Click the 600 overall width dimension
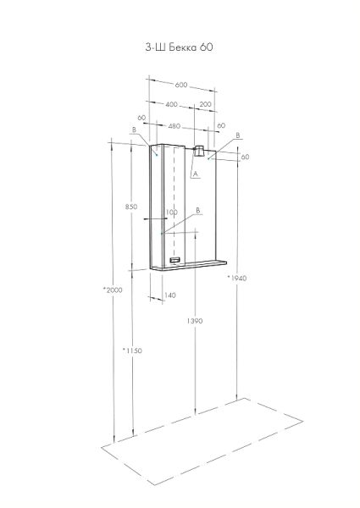[x=181, y=85]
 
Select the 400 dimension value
[x=171, y=104]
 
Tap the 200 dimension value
[x=206, y=104]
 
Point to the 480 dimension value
[x=174, y=126]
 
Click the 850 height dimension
[x=131, y=207]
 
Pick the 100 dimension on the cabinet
[x=171, y=213]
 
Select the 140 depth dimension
[x=170, y=295]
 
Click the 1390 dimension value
[x=195, y=321]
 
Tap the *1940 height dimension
[x=237, y=278]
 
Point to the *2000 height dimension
[x=113, y=290]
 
